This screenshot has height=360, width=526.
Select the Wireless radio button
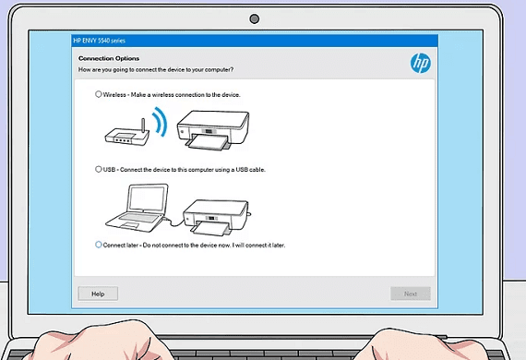pyautogui.click(x=99, y=94)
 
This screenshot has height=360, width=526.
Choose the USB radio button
pyautogui.click(x=99, y=169)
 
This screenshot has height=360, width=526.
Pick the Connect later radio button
pyautogui.click(x=99, y=245)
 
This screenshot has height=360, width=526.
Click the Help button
pyautogui.click(x=98, y=294)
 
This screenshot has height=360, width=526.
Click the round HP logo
pyautogui.click(x=420, y=63)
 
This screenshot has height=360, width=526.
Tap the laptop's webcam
pyautogui.click(x=255, y=19)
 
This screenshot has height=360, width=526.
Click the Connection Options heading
pyautogui.click(x=109, y=58)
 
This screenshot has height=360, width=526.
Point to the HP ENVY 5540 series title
pyautogui.click(x=100, y=41)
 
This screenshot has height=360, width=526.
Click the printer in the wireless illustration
pyautogui.click(x=213, y=130)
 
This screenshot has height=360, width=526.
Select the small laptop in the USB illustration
pyautogui.click(x=137, y=208)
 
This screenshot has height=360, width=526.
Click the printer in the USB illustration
pyautogui.click(x=217, y=217)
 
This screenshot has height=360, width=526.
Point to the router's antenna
pyautogui.click(x=143, y=126)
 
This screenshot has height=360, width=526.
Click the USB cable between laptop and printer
pyautogui.click(x=174, y=222)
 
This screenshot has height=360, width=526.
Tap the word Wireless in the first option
pyautogui.click(x=114, y=94)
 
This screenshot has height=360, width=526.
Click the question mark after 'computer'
pyautogui.click(x=232, y=69)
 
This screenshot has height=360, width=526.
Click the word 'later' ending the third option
pyautogui.click(x=278, y=246)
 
